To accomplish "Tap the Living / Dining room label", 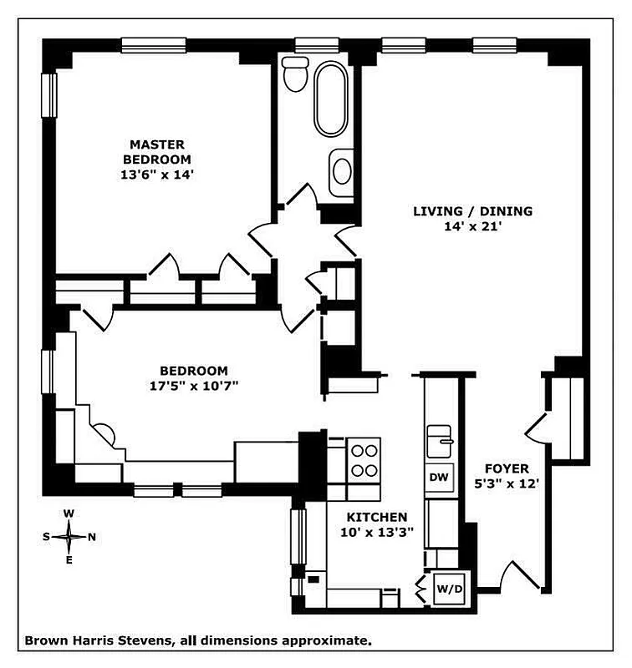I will pos(472,211).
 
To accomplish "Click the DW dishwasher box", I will pos(440,478).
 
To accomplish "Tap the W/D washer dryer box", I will pos(449,590).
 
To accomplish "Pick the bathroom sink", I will pos(342,170).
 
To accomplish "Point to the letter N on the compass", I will pos(92,537).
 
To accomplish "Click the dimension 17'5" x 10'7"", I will pos(194,386).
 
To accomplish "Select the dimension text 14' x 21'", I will pos(472,226).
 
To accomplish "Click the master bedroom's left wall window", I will pos(49,95).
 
